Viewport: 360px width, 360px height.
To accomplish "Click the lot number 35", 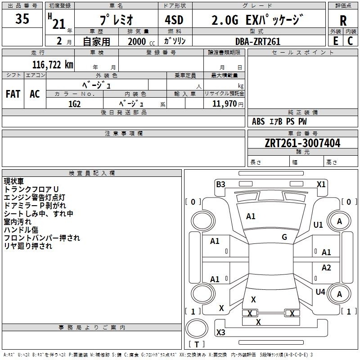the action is click(x=22, y=18).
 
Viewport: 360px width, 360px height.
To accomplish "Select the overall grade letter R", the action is click(x=343, y=21).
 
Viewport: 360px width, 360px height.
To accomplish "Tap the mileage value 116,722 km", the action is click(x=53, y=65).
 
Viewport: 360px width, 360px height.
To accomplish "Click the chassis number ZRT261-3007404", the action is click(x=302, y=143).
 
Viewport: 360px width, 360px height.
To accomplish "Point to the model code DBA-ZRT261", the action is click(x=258, y=41).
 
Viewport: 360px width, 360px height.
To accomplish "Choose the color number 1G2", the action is click(x=74, y=104).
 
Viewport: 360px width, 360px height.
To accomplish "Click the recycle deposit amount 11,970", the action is click(x=224, y=104).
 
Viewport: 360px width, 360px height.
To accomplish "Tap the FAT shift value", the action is click(x=13, y=94).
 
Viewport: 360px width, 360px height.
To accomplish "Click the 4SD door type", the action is click(x=174, y=20).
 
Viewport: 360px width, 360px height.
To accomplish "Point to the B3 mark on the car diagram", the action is click(x=220, y=184).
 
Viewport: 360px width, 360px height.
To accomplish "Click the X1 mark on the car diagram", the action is click(x=321, y=184).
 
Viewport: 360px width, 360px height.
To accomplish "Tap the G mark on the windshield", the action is click(x=284, y=237).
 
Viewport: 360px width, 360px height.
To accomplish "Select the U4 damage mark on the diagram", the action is click(x=320, y=292).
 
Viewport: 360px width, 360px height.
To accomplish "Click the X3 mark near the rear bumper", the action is click(x=220, y=332).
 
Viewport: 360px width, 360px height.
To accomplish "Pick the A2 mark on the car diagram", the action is click(x=326, y=268).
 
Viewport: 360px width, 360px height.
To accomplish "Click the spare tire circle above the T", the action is click(x=197, y=328).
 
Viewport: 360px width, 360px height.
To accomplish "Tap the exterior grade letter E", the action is click(x=335, y=41).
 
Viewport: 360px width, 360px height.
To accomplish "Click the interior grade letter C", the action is click(x=350, y=41).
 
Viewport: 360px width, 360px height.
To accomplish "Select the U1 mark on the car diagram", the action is click(x=318, y=225).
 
